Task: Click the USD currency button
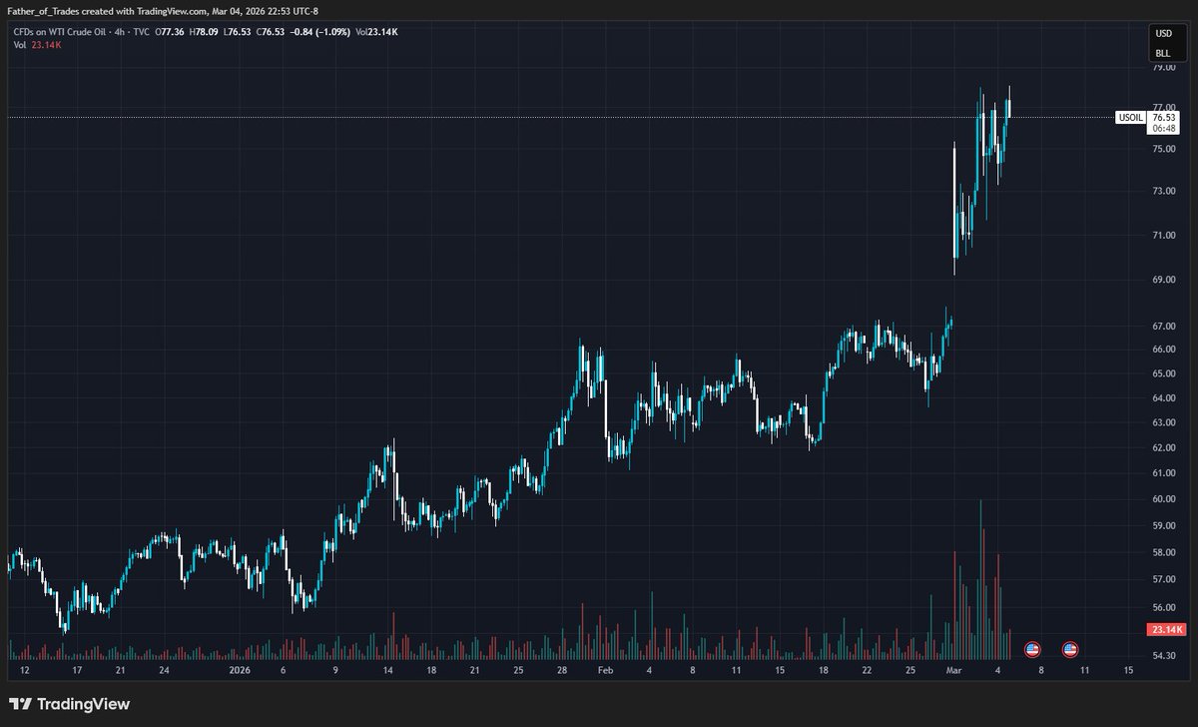click(x=1163, y=35)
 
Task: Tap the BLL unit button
click(x=1163, y=53)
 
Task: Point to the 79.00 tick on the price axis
click(x=1163, y=68)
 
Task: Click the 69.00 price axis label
click(x=1163, y=280)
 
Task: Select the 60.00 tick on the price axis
click(x=1163, y=499)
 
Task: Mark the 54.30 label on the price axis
click(x=1163, y=655)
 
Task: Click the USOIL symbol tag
click(x=1130, y=118)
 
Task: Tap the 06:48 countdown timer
click(x=1165, y=129)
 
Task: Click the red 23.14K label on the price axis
click(x=1166, y=629)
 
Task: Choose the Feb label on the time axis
click(x=605, y=672)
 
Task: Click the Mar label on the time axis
click(x=952, y=672)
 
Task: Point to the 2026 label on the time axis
click(x=242, y=672)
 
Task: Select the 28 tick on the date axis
click(x=563, y=672)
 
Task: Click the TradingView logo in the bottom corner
click(x=70, y=704)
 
